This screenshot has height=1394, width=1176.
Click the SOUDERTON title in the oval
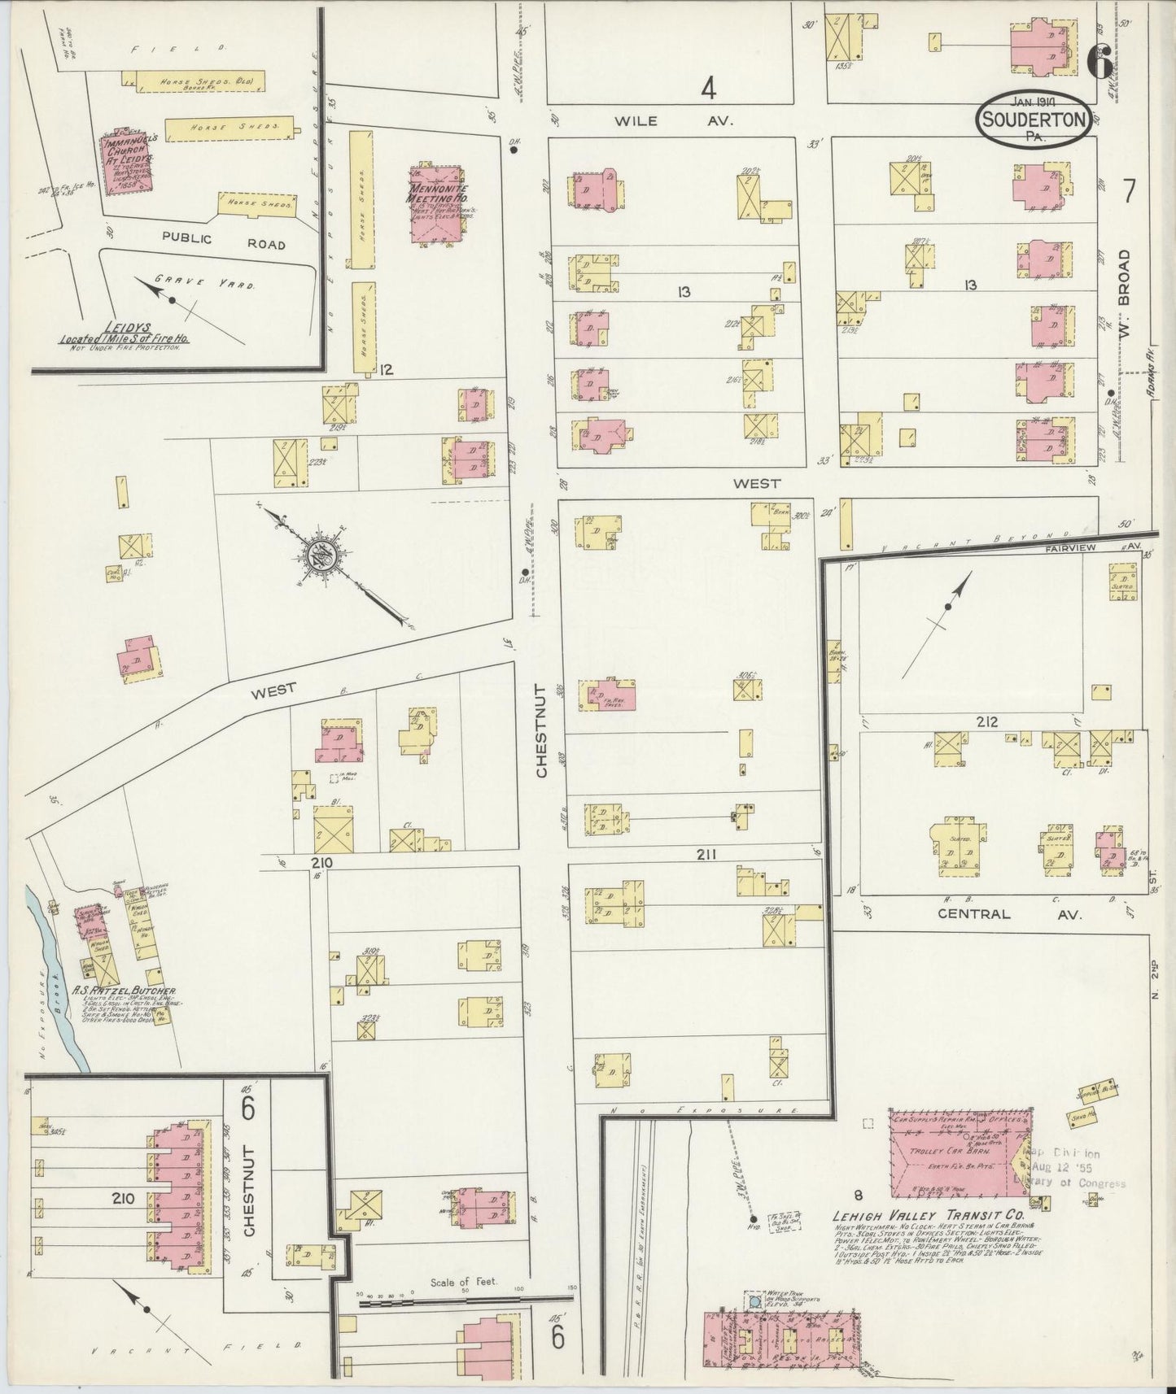point(1034,120)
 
